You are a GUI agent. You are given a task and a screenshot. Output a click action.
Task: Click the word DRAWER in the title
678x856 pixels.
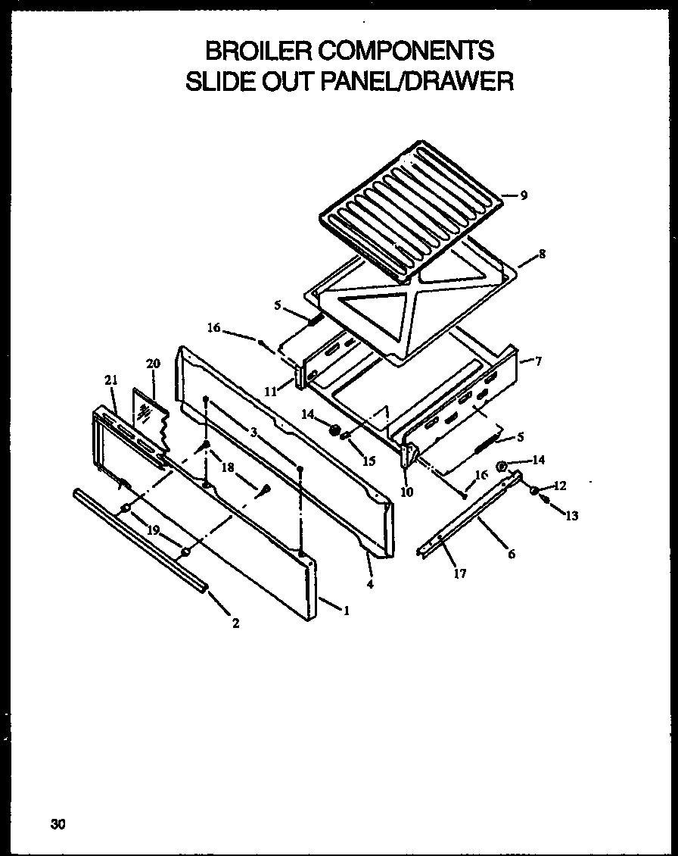click(x=460, y=81)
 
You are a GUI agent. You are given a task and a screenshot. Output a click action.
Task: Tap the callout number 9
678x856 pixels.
click(x=524, y=195)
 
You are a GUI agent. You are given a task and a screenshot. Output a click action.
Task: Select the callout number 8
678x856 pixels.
click(x=542, y=254)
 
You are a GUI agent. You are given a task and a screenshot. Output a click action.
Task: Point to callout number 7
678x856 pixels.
click(x=538, y=361)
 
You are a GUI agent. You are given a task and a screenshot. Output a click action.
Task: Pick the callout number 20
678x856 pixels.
click(x=153, y=364)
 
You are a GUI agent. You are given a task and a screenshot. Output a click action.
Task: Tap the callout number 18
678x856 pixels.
click(x=226, y=467)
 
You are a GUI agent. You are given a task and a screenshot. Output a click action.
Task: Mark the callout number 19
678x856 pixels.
click(x=154, y=530)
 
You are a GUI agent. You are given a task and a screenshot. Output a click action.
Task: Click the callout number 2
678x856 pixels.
click(x=236, y=623)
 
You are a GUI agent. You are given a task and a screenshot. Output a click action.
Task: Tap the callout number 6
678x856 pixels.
click(x=512, y=555)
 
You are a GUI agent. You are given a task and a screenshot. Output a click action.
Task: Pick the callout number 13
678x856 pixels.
click(x=571, y=516)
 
